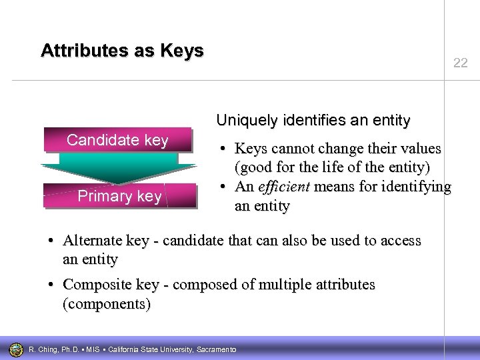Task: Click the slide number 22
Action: click(x=460, y=63)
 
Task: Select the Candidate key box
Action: click(x=117, y=140)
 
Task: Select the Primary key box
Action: click(x=119, y=196)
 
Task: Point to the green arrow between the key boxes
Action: click(x=118, y=167)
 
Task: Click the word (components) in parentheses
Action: click(x=107, y=305)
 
